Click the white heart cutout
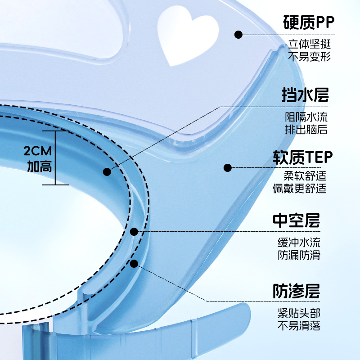click(187, 35)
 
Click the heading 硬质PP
click(309, 22)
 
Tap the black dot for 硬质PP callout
click(238, 35)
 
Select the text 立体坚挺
click(310, 44)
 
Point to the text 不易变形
click(310, 57)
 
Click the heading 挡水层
click(305, 94)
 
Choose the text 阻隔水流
click(306, 117)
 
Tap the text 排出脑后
click(306, 130)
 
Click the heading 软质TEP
click(302, 157)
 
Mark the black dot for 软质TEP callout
click(228, 168)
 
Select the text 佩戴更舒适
click(299, 189)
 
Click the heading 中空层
click(296, 220)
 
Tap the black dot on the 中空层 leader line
click(134, 232)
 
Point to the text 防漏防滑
click(299, 255)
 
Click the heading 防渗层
click(296, 291)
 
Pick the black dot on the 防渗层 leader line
click(134, 264)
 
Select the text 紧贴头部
click(299, 313)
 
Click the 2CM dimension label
click(38, 151)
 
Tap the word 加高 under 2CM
click(40, 166)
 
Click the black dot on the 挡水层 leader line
click(107, 172)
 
